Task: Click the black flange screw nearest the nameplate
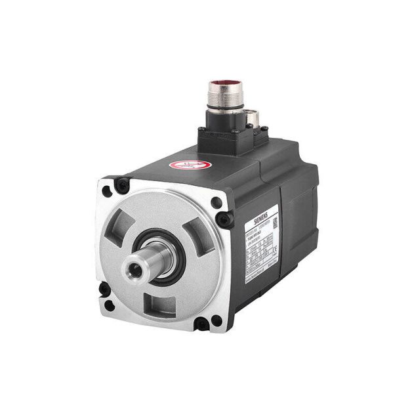click(226, 220)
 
